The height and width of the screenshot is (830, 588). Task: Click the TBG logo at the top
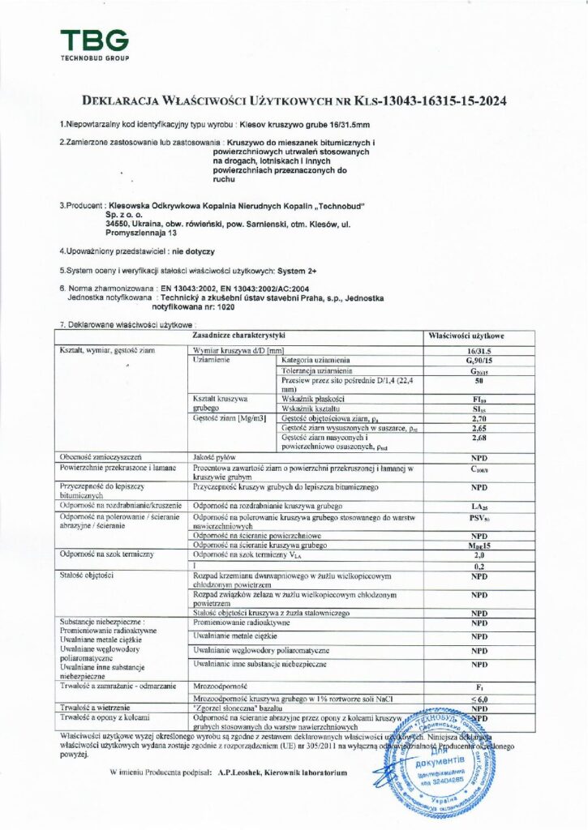[93, 44]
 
